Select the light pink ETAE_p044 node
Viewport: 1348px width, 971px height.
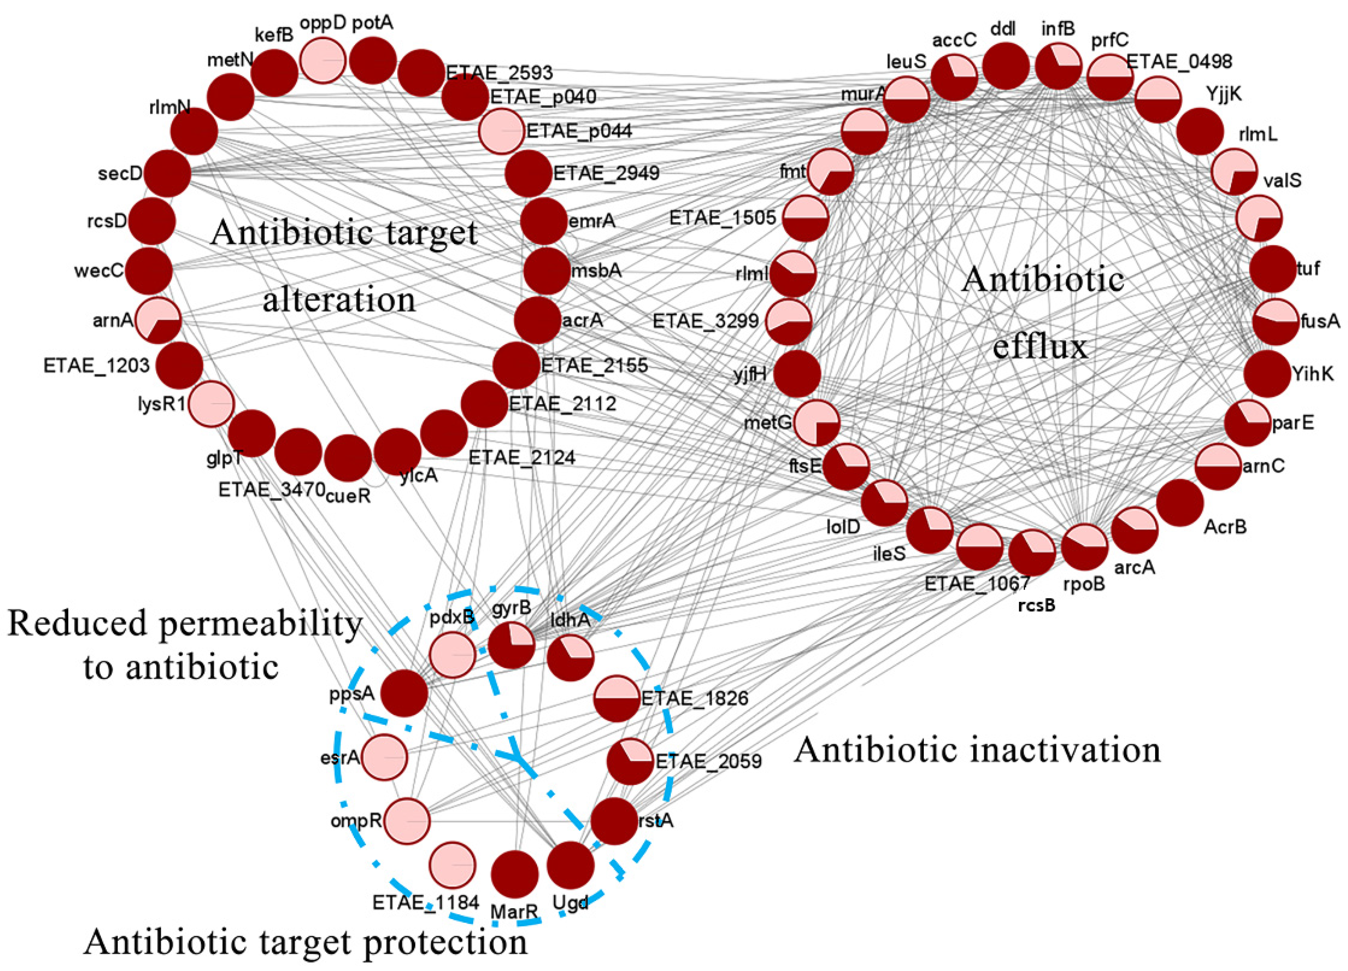[502, 131]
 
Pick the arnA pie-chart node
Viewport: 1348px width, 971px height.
[158, 320]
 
